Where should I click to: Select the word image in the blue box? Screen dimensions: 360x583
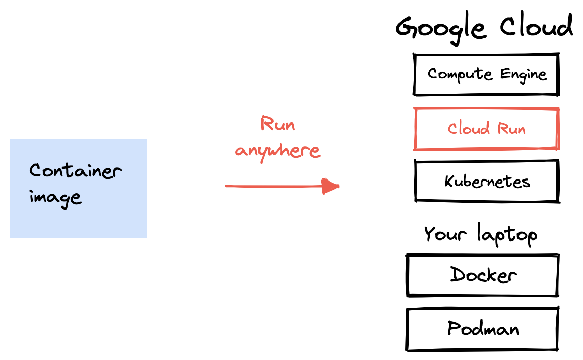(55, 197)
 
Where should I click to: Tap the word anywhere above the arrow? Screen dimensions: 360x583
(277, 150)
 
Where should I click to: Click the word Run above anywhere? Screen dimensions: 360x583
(277, 124)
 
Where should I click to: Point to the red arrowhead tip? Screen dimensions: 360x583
(339, 186)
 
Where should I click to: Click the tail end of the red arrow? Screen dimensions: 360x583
(226, 186)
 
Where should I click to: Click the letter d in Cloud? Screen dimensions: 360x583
(485, 128)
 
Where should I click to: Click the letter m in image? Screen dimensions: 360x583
(41, 197)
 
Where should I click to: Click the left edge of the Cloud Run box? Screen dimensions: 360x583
(415, 129)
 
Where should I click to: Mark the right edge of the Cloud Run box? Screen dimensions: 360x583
(558, 129)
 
